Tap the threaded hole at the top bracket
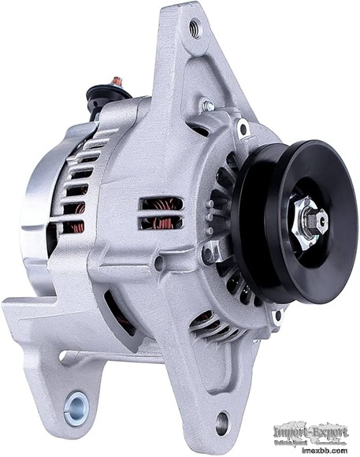(x=194, y=31)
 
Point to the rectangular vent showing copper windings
(x=161, y=213)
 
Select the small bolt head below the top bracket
(x=208, y=106)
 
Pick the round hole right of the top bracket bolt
(x=243, y=128)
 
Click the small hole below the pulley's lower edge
(x=276, y=316)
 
